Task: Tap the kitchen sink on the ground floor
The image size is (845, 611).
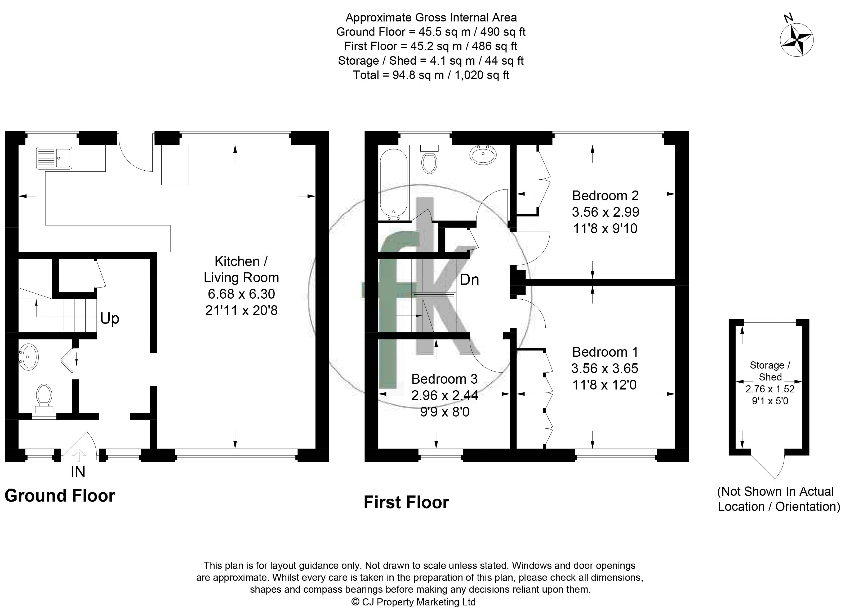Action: coord(54,158)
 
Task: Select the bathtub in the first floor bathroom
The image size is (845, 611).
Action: coord(394,184)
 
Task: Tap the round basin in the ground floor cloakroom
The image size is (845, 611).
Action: coord(28,357)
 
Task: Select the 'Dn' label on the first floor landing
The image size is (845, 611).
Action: coord(469,280)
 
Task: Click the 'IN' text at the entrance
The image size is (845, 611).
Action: coord(78,472)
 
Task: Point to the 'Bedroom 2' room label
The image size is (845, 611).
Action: coord(606,196)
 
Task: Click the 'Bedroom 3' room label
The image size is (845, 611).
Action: coord(444,379)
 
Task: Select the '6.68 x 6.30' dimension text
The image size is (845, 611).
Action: coord(241,294)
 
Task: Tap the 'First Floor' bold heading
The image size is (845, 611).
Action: coord(406,502)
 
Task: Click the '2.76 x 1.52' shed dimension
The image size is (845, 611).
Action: coord(770,389)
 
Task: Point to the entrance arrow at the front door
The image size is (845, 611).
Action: coord(78,455)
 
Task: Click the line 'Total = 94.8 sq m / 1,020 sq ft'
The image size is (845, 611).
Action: coord(431,75)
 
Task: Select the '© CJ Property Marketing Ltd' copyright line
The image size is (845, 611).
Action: coord(413,602)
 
